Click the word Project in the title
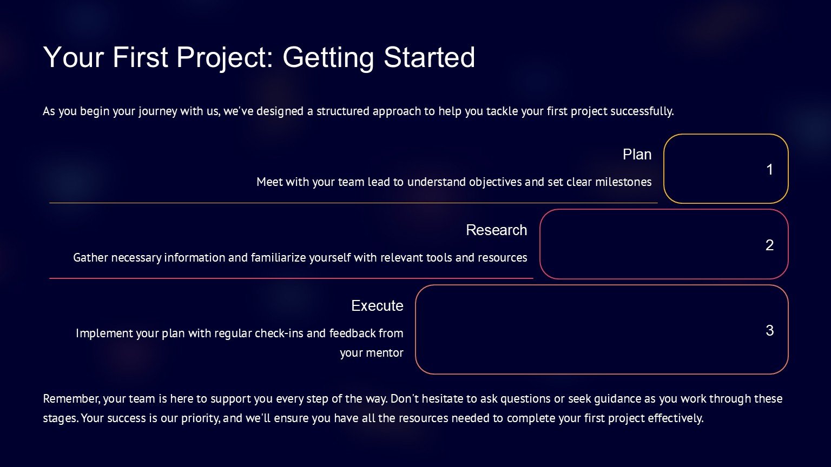225,57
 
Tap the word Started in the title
429,57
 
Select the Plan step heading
637,154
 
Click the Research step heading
496,230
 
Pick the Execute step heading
377,305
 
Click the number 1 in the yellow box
769,169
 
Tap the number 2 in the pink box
769,245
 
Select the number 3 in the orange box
769,330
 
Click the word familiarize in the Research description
278,258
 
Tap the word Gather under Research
90,258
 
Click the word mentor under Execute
387,353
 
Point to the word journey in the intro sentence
157,111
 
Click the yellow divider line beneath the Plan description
353,203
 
